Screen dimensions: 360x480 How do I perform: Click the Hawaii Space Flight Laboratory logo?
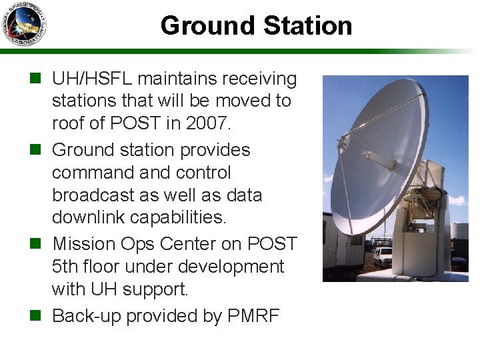click(x=24, y=24)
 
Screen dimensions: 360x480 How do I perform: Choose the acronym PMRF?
click(x=253, y=315)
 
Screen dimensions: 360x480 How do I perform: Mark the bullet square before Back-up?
click(x=39, y=315)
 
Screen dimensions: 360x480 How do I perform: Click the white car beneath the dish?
click(x=382, y=257)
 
